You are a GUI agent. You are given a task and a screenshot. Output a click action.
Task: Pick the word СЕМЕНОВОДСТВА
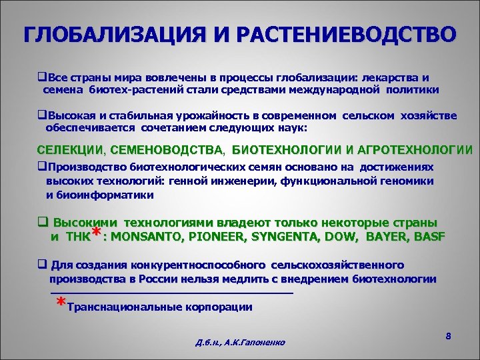coord(169,149)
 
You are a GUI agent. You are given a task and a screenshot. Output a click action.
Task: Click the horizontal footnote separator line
coord(172,293)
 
